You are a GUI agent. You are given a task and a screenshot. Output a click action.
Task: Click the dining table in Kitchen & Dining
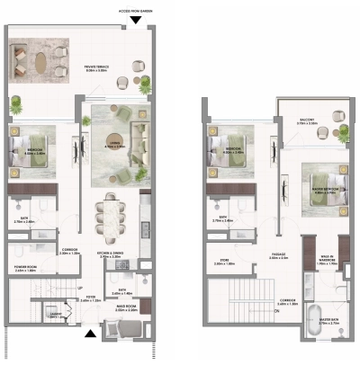112,219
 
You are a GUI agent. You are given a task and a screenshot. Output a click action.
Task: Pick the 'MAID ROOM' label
125,309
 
